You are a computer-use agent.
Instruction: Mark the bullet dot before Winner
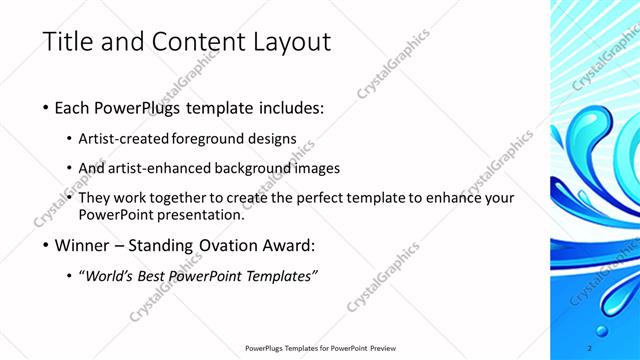click(x=47, y=245)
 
